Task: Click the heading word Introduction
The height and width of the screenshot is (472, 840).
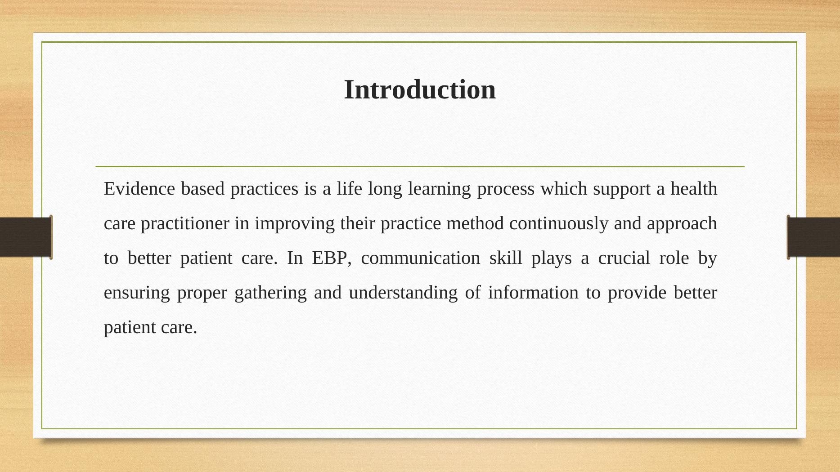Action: click(x=420, y=89)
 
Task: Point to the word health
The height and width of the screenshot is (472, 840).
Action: click(x=694, y=188)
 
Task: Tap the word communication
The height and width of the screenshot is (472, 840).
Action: click(x=421, y=258)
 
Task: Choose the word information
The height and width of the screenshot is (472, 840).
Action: click(x=533, y=293)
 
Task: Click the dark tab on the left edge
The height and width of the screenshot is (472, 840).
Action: click(x=26, y=237)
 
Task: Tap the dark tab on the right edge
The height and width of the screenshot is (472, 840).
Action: click(x=813, y=237)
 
